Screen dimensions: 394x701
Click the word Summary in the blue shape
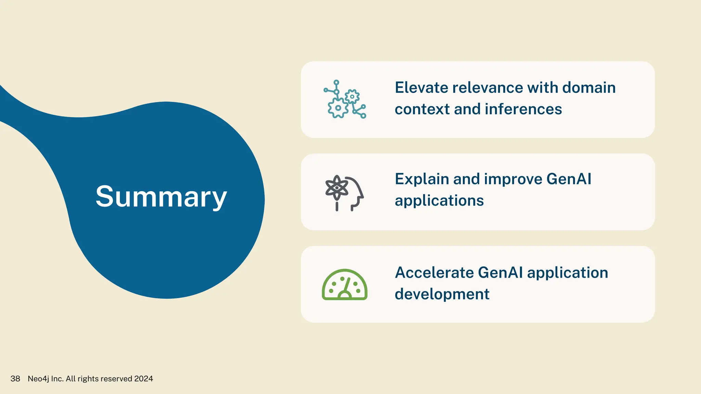tap(161, 197)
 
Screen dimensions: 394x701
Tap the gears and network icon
tap(345, 100)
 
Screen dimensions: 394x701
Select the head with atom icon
tap(344, 193)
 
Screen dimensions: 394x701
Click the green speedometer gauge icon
tap(344, 285)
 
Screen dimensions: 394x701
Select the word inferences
tap(523, 109)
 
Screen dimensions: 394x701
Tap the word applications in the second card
tap(439, 201)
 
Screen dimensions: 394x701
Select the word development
tap(442, 294)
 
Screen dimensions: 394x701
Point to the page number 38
tap(15, 379)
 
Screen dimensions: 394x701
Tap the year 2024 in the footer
tap(143, 379)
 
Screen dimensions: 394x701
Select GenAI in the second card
tap(569, 179)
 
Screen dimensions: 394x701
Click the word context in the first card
tap(422, 109)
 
